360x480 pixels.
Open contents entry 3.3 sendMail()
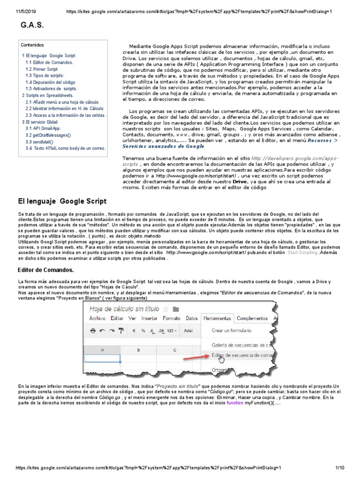pos(39,142)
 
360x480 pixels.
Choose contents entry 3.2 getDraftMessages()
pos(48,135)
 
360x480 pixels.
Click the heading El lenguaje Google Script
pos(62,201)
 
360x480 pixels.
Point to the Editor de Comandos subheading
pos(45,270)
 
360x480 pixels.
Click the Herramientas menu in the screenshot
pos(217,318)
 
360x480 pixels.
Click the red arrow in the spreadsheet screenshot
pos(194,357)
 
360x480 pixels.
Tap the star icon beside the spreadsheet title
pos(165,309)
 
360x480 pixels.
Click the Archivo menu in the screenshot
pos(97,318)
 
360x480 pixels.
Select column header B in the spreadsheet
pos(138,350)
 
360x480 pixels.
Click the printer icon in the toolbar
pos(93,330)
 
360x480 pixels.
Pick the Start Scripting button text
pos(302,252)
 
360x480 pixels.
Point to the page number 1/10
pos(340,468)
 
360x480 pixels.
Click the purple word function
pos(235,403)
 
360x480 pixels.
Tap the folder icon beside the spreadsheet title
pos(176,309)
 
